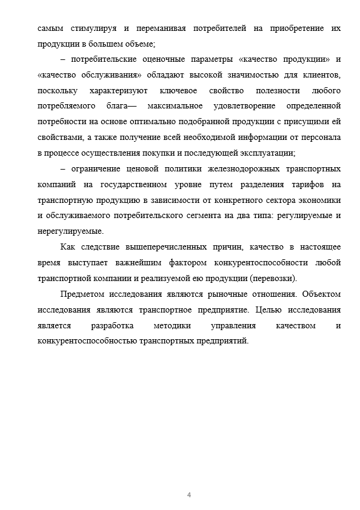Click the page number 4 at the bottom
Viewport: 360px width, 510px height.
(189, 495)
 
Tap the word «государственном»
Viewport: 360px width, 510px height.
(142, 184)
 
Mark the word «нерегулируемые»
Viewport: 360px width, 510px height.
(70, 231)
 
